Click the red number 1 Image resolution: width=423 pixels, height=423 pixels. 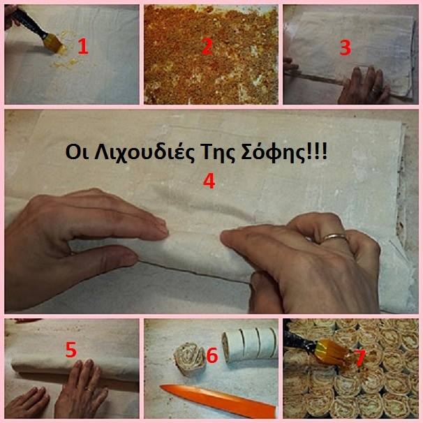(x=83, y=46)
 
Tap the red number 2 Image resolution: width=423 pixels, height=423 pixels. (x=207, y=46)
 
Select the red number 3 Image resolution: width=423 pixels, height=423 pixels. (x=346, y=47)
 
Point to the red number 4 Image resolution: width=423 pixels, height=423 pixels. (x=209, y=181)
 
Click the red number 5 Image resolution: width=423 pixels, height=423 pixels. (x=71, y=350)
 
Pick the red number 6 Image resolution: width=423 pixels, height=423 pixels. (x=212, y=355)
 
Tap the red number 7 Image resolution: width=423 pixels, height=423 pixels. (x=360, y=359)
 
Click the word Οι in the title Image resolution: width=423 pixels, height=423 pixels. (x=77, y=153)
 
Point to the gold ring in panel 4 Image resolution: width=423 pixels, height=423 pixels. (x=334, y=237)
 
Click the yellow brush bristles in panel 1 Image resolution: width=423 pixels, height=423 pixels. (x=57, y=44)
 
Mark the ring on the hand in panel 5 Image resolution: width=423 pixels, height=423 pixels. (x=89, y=389)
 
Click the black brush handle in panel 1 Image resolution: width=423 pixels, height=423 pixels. (x=27, y=22)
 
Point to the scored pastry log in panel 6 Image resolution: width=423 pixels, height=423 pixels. (x=250, y=345)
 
